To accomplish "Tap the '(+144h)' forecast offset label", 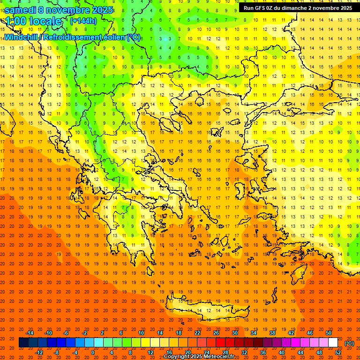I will tap(83, 21).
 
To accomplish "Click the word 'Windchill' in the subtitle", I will tap(21, 37).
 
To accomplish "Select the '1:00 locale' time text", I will tap(33, 22).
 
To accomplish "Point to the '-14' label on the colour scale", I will tap(30, 333).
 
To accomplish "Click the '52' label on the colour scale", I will tap(338, 352).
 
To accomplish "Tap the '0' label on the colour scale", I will tap(93, 352).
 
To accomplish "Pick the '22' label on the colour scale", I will tap(197, 333).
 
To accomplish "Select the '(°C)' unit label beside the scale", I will tap(349, 343).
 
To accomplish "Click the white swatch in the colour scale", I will tap(333, 343).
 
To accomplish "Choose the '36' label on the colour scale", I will tap(263, 352).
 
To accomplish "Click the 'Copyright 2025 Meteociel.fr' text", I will tap(199, 357).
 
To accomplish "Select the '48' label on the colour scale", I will tap(319, 352).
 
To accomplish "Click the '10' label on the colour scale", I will tap(141, 333).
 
